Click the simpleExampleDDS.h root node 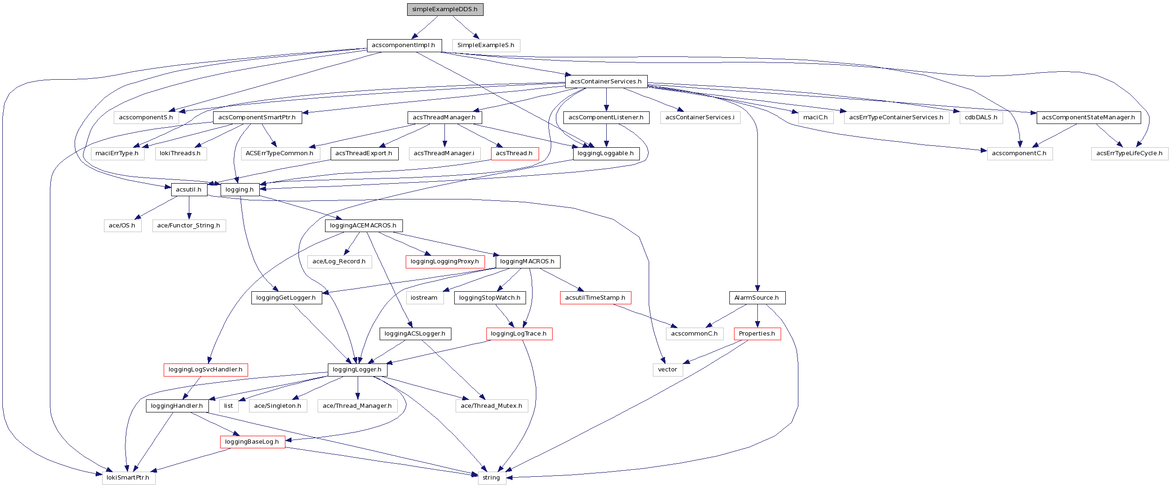click(445, 9)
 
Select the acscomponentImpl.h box click(403, 45)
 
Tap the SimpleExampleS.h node click(485, 45)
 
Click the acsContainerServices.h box click(606, 82)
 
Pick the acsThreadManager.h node click(444, 117)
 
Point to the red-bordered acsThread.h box click(514, 153)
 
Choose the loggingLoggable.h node click(606, 153)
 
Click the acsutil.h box click(189, 190)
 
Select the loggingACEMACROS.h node click(363, 226)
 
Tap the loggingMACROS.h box click(527, 261)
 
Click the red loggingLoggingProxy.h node click(445, 261)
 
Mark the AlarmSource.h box click(756, 298)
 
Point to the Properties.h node click(757, 334)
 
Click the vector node click(667, 370)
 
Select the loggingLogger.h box click(357, 370)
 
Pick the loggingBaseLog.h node click(252, 442)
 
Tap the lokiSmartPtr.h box click(128, 478)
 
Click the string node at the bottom click(492, 478)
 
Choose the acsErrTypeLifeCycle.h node click(1129, 153)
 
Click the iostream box click(424, 298)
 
